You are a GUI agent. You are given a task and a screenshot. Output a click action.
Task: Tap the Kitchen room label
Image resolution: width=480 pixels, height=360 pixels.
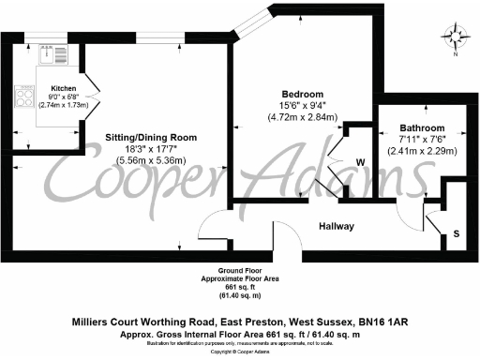point(64,89)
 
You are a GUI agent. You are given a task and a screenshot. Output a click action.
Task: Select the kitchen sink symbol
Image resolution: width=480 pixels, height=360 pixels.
point(50,53)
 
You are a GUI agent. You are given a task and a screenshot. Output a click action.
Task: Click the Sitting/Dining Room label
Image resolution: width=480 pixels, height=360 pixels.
point(151,137)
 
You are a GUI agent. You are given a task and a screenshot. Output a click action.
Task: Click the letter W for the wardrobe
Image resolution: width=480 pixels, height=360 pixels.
point(360,161)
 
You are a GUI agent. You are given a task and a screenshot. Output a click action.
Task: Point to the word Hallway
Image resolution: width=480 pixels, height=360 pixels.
point(335,227)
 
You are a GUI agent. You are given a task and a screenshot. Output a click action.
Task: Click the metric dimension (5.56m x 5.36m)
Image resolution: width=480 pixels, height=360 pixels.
point(151,161)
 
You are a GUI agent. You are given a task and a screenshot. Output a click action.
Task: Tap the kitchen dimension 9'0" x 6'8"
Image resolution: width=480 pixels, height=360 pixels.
point(64,97)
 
